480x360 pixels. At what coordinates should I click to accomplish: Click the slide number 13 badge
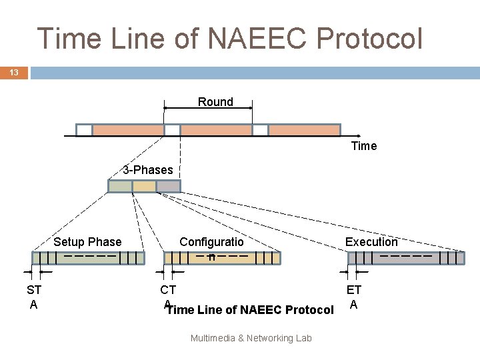(14, 72)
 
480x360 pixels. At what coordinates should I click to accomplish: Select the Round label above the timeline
(215, 102)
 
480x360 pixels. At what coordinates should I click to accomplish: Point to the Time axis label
(363, 146)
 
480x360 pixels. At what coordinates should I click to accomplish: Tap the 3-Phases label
(147, 170)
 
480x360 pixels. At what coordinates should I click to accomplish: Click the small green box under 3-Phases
(120, 187)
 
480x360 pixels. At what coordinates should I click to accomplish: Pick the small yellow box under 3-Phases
(144, 187)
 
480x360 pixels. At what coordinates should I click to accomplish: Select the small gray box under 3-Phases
(168, 187)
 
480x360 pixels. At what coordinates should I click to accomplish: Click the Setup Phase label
(87, 242)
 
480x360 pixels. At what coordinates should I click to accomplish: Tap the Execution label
(371, 242)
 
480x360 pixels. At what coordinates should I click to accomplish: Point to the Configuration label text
(211, 243)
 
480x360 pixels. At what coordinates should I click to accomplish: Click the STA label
(34, 297)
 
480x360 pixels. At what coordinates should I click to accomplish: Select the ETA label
(354, 297)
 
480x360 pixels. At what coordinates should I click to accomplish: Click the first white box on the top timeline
(84, 130)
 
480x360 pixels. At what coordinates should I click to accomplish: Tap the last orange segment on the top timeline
(304, 130)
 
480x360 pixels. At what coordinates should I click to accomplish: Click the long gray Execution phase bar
(406, 259)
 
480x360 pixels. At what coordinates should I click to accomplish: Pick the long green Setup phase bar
(88, 259)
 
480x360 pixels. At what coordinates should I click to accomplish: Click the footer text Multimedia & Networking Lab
(251, 338)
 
